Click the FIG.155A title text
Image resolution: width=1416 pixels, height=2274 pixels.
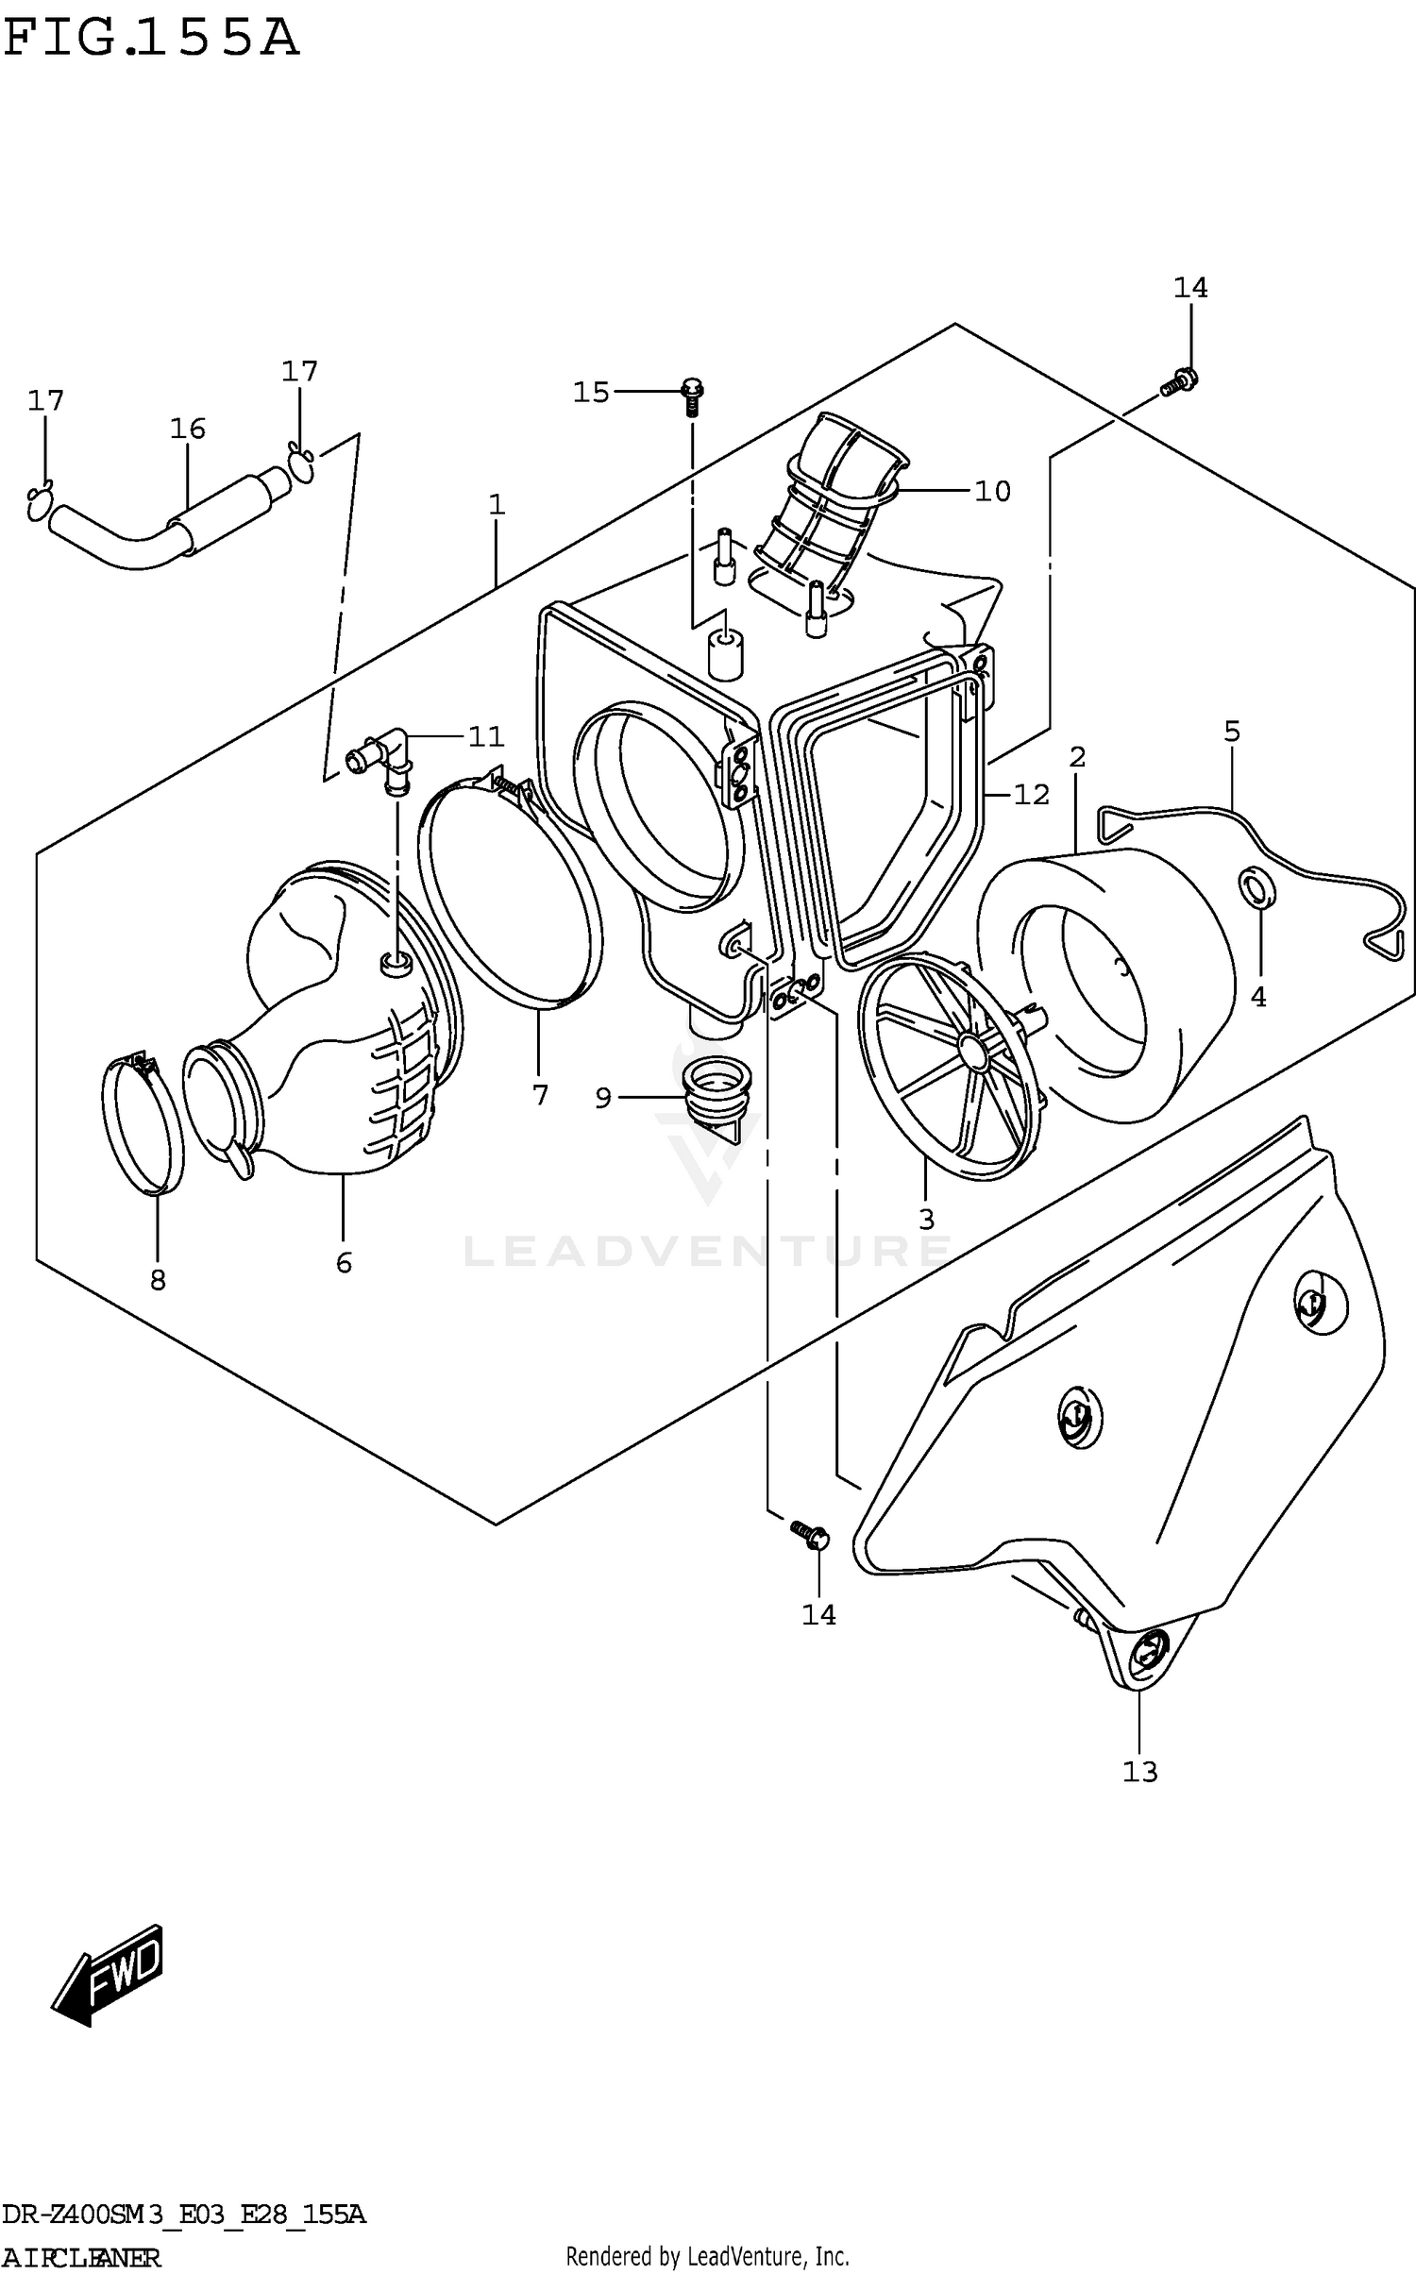coord(151,40)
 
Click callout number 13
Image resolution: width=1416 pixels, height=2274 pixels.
coord(1139,1772)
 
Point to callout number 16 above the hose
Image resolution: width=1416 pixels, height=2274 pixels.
coord(187,429)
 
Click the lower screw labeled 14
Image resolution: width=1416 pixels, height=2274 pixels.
coord(810,1535)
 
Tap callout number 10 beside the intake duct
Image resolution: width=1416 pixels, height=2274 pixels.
coord(992,491)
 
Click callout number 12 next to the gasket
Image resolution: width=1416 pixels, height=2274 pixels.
coord(1031,795)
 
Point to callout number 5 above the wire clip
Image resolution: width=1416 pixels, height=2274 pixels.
coord(1232,731)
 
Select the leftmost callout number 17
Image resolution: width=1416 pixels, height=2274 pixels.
coord(45,401)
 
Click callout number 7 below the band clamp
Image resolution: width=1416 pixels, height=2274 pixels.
coord(540,1095)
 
